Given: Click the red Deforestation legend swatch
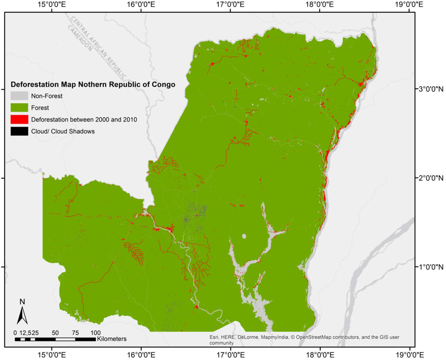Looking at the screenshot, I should click(x=19, y=119).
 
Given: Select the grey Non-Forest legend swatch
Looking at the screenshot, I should click(x=19, y=96).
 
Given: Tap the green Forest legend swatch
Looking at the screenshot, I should click(x=19, y=108).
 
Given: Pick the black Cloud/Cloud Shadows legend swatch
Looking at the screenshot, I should click(x=19, y=131).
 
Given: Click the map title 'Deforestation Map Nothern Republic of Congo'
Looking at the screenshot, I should click(x=93, y=84).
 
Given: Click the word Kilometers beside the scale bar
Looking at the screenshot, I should click(x=112, y=338).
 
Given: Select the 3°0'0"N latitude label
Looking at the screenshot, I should click(x=429, y=89).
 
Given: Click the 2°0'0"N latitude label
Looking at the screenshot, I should click(x=429, y=178).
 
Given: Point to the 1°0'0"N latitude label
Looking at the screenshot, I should click(x=429, y=266).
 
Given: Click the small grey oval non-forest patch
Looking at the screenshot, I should click(x=244, y=236).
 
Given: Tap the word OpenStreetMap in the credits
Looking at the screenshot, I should click(x=313, y=337).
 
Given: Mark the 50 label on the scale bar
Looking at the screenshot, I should click(x=55, y=333).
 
